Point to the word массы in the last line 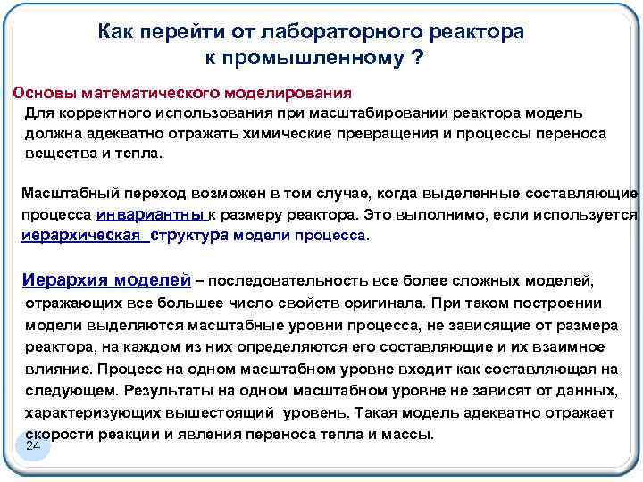pyautogui.click(x=411, y=434)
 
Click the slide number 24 pyautogui.click(x=34, y=445)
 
